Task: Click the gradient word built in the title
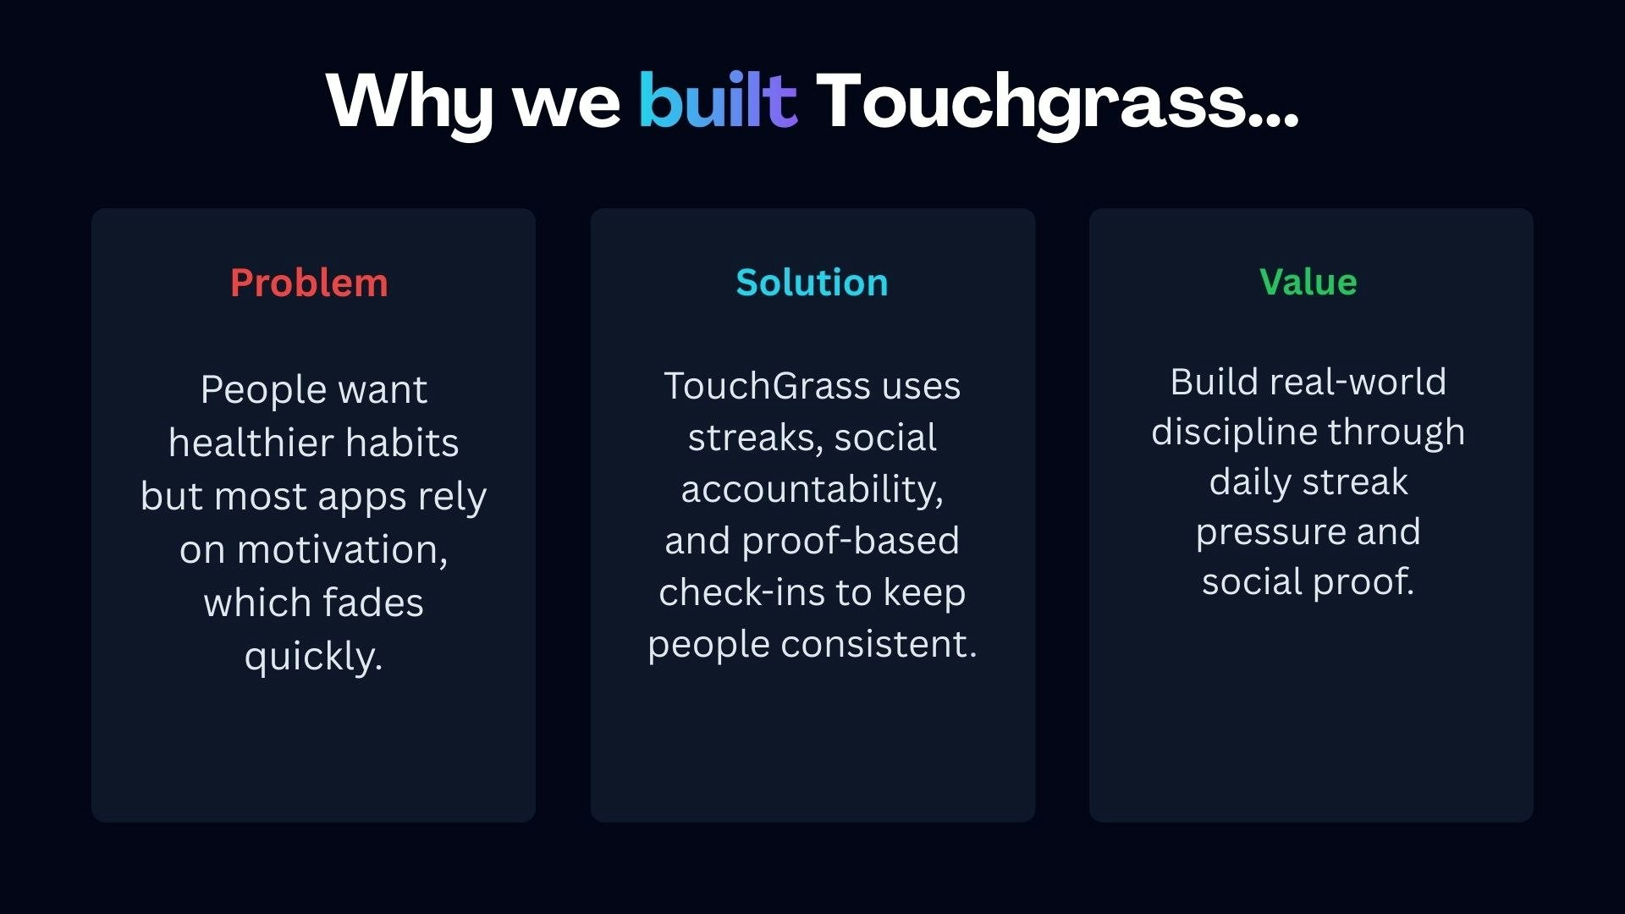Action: coord(718,101)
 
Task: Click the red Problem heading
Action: coord(309,283)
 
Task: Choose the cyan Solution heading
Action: coord(812,283)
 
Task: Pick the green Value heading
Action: coord(1308,282)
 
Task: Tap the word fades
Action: coord(372,603)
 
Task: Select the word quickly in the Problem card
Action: coord(311,657)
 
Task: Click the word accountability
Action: coord(810,489)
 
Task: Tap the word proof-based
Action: coord(851,541)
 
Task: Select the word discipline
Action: coord(1234,432)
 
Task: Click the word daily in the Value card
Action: coord(1250,482)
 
